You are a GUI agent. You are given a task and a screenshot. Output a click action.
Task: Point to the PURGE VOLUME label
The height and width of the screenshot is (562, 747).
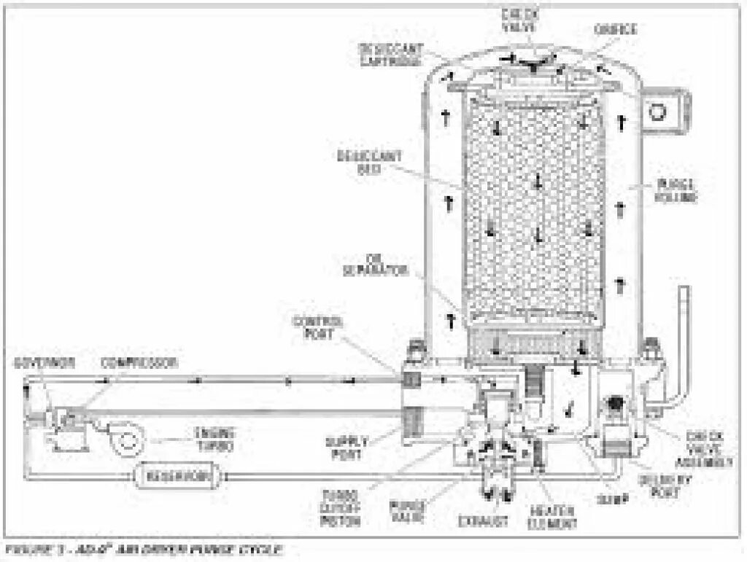pos(676,190)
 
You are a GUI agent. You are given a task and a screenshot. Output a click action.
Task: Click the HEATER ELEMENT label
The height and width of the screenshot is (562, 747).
pos(554,517)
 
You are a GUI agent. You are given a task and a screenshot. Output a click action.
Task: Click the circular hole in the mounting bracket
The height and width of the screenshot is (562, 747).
pos(659,112)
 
